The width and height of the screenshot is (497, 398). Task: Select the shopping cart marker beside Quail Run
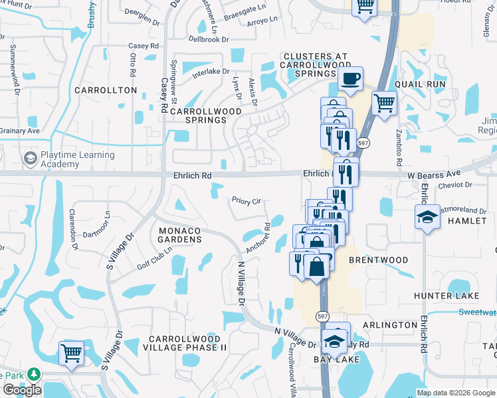click(384, 103)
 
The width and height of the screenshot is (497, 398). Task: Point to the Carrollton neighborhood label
click(106, 90)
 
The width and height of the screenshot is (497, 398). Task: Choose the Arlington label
click(390, 325)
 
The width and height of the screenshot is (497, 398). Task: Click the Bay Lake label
click(336, 360)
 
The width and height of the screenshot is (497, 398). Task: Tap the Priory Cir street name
click(246, 200)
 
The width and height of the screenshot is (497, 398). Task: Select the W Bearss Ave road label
click(433, 174)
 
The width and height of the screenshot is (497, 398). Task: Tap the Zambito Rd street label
click(399, 153)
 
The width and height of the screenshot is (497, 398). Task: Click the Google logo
click(22, 390)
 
